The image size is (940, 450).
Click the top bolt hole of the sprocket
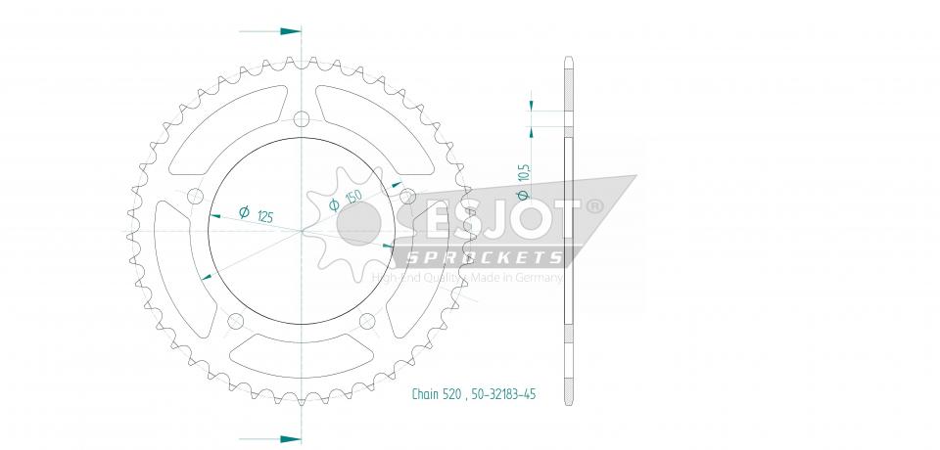tap(301, 119)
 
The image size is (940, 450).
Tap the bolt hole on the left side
tap(194, 198)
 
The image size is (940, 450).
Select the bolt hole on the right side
tap(408, 198)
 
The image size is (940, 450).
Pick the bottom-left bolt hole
tap(234, 322)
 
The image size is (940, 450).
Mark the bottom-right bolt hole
tap(368, 322)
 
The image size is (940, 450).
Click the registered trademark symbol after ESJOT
tap(593, 207)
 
